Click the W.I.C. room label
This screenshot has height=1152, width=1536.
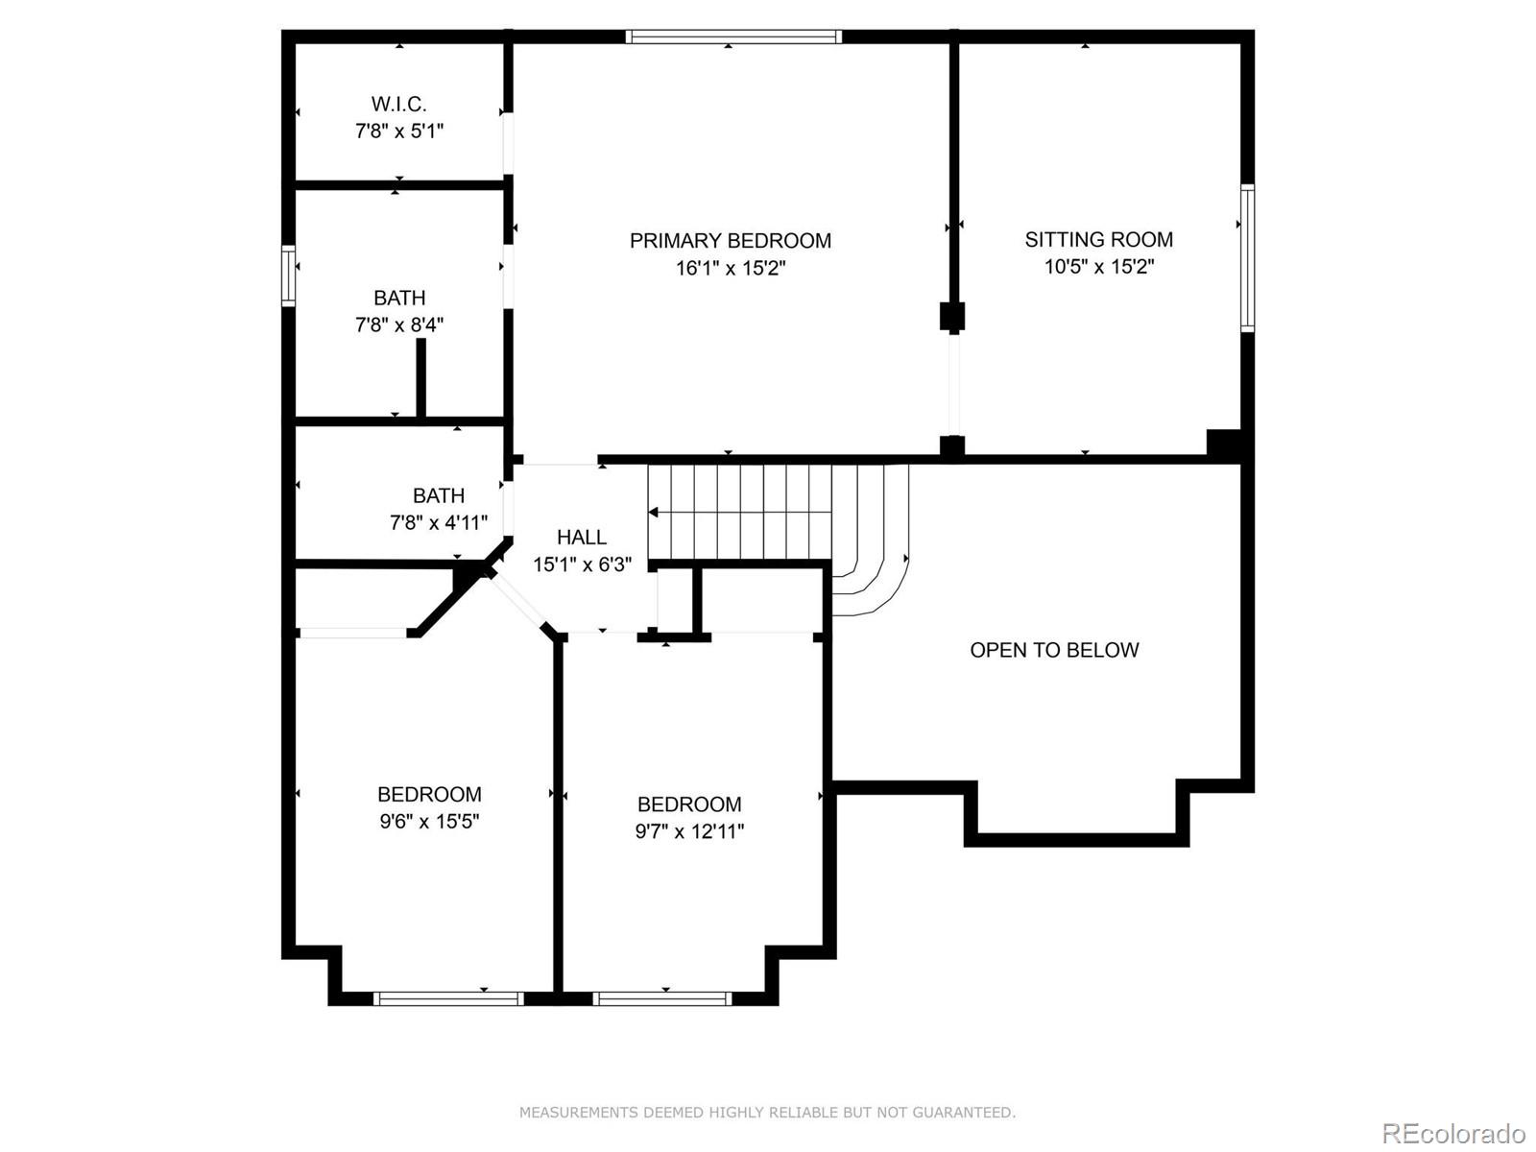[398, 104]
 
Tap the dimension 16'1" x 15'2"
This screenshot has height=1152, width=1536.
[731, 268]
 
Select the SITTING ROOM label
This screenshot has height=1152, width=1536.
[1098, 239]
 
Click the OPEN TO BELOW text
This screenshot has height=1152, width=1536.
[1054, 650]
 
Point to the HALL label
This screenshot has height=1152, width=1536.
[581, 537]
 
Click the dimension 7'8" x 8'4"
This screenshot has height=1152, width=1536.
[399, 324]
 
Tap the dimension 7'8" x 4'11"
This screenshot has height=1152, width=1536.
[439, 522]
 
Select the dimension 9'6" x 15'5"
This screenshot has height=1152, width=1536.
[429, 821]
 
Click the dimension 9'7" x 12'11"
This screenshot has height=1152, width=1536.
[689, 830]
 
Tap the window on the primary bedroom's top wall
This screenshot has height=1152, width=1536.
[733, 36]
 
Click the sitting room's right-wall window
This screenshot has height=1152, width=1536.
[1247, 257]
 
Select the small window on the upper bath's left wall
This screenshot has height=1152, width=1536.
[288, 276]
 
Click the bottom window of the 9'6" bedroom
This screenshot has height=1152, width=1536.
[448, 998]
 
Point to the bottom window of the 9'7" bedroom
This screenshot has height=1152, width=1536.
[662, 998]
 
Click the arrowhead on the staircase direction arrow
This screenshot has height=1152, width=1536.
[654, 512]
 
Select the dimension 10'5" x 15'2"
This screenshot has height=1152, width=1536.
[1098, 266]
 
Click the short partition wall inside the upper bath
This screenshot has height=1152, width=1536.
[420, 377]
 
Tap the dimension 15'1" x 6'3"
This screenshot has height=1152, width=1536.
[582, 564]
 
